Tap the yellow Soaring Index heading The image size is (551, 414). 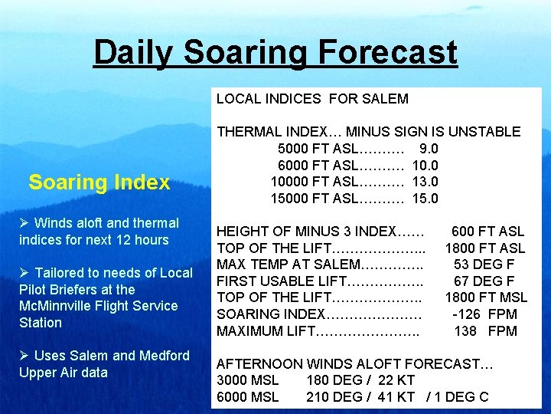point(99,182)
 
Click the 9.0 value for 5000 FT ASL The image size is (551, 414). point(429,149)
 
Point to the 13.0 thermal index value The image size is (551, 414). point(425,182)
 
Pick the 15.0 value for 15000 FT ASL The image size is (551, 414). point(425,199)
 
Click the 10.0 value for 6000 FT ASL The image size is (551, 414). point(425,166)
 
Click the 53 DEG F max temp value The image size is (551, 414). point(484,264)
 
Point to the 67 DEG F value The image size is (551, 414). point(484,281)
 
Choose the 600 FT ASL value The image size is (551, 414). point(487,232)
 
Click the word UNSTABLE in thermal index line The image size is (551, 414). point(484,132)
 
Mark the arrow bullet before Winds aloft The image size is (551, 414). point(25,223)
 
